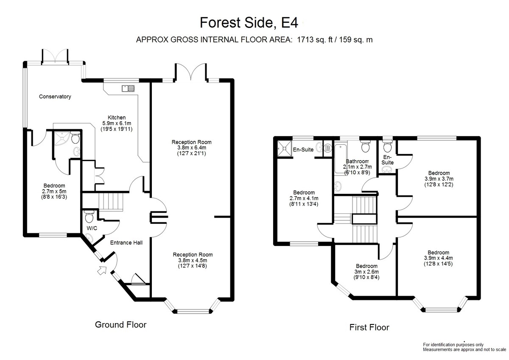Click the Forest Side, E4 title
(x=249, y=23)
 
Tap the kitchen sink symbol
(x=128, y=88)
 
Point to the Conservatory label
(x=55, y=97)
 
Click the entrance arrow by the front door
(x=102, y=270)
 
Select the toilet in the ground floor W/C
(x=89, y=217)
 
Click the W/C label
(x=92, y=228)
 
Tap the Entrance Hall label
(x=126, y=243)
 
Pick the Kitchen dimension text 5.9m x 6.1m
(x=117, y=123)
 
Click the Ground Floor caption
(x=120, y=325)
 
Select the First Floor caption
(x=369, y=327)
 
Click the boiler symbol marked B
(x=327, y=148)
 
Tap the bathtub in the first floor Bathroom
(x=341, y=158)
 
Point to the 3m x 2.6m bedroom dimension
(x=366, y=272)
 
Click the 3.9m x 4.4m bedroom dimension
(x=438, y=258)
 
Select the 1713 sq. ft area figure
(x=314, y=40)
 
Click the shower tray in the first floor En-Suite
(x=285, y=148)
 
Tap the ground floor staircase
(x=110, y=202)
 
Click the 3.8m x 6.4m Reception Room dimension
(x=192, y=148)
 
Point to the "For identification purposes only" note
(x=453, y=345)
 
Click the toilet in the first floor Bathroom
(x=365, y=146)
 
